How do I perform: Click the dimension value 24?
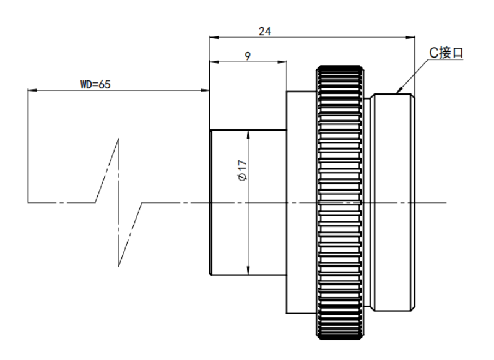tap(265, 32)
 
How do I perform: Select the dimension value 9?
tap(248, 56)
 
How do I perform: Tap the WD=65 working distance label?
tap(95, 85)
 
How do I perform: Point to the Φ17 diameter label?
tap(243, 171)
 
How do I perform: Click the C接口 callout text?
tap(446, 53)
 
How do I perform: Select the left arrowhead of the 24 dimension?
tap(214, 38)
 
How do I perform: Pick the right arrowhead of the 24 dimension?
tap(410, 38)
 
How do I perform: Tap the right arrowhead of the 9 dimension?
tap(282, 62)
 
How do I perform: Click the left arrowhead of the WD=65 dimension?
tap(32, 90)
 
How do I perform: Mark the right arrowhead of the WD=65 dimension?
tap(206, 90)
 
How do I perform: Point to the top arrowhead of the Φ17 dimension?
tap(248, 134)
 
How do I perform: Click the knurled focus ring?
tap(340, 202)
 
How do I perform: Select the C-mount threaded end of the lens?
tap(394, 202)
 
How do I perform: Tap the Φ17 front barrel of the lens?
tap(248, 202)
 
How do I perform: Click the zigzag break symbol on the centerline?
tap(118, 202)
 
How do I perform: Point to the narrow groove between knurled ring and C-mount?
tap(368, 202)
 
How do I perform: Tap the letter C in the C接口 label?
tap(433, 53)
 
